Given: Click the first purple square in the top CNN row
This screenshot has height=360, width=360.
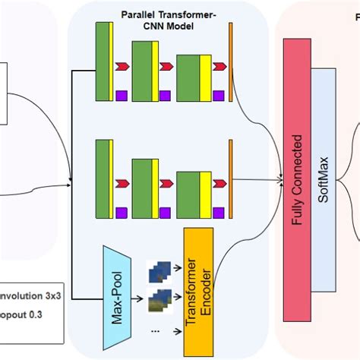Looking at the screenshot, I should pyautogui.click(x=121, y=95).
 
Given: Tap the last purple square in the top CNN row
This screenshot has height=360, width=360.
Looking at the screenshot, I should pyautogui.click(x=218, y=95).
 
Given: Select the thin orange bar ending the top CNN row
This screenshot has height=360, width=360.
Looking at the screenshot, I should pyautogui.click(x=230, y=61).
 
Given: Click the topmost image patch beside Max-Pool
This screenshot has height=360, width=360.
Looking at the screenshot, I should pyautogui.click(x=160, y=268).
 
